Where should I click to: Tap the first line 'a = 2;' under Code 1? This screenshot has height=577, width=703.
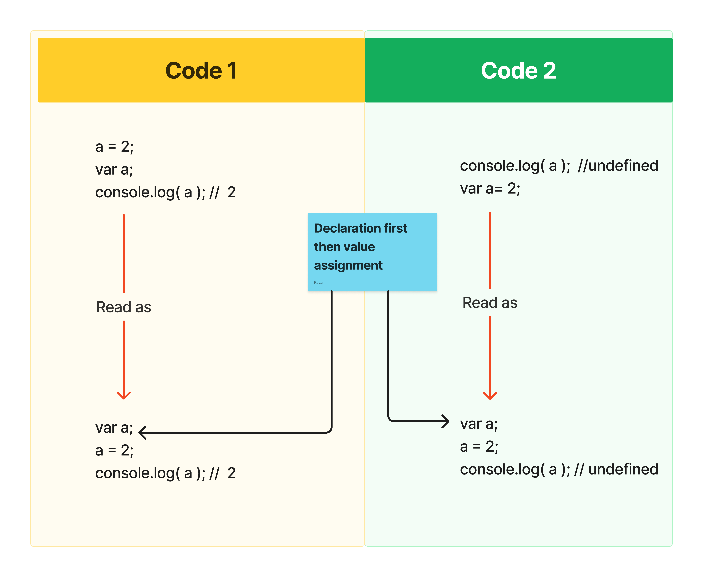tap(114, 147)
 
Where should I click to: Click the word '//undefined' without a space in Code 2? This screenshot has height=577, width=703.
tap(618, 165)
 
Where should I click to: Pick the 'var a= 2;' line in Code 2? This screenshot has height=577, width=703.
tap(490, 188)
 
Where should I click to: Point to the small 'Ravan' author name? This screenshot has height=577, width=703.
tap(319, 283)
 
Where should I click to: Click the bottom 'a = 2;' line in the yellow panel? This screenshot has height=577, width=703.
tap(114, 450)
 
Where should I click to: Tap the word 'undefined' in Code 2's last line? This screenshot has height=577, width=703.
tap(623, 469)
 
